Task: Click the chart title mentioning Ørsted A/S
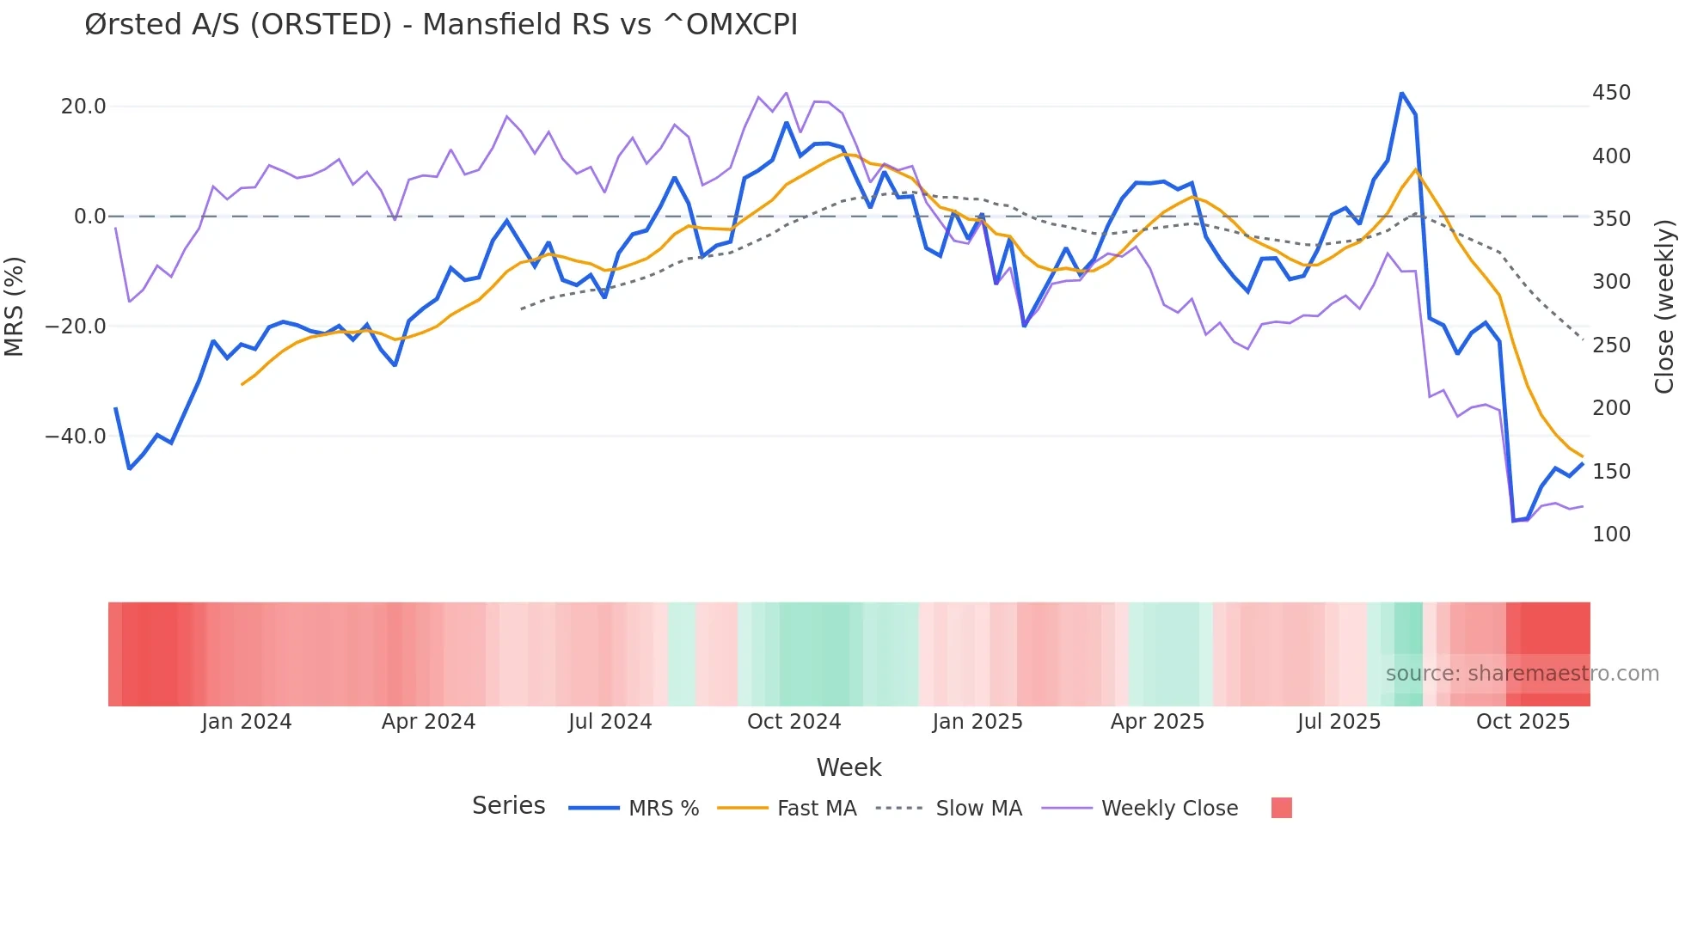click(x=441, y=25)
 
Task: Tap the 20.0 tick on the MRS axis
click(x=83, y=107)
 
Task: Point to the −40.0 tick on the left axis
click(x=77, y=437)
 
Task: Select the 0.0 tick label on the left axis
click(x=89, y=217)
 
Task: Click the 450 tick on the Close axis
click(x=1611, y=93)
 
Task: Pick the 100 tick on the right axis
click(x=1611, y=535)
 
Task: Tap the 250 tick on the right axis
click(x=1611, y=345)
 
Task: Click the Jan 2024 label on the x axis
click(x=247, y=722)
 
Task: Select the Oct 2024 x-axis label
click(x=793, y=722)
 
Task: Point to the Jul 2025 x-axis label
click(x=1339, y=722)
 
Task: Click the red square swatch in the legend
click(x=1281, y=808)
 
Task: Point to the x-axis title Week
click(x=849, y=767)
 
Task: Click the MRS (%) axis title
click(x=15, y=307)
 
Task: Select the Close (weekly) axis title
click(x=1664, y=307)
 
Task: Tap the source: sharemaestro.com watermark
click(x=1522, y=674)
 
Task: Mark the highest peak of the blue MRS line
click(x=1401, y=93)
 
